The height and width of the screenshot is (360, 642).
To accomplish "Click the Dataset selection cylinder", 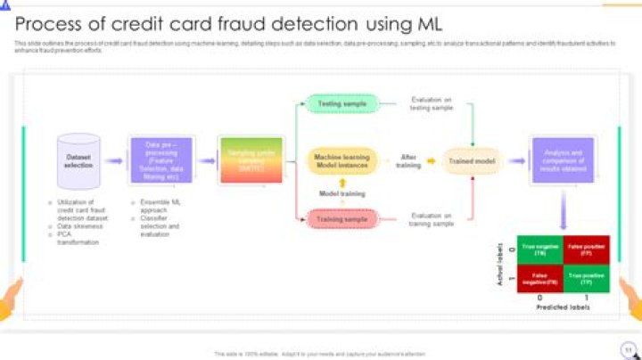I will [x=78, y=161].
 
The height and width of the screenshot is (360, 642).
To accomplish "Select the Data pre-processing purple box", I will [x=161, y=161].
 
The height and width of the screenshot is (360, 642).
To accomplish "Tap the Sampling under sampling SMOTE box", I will [x=251, y=161].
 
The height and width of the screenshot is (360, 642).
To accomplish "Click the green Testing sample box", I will [x=342, y=104].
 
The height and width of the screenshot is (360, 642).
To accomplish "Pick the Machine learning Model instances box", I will [x=342, y=161].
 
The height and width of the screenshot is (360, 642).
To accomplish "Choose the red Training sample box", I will [x=342, y=218].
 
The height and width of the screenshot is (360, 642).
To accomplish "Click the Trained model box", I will [x=473, y=161].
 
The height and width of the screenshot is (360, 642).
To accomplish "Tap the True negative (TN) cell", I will [x=539, y=250].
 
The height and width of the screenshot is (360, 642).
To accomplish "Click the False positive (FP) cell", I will [x=587, y=250].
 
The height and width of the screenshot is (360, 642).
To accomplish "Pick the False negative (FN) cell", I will [x=539, y=278].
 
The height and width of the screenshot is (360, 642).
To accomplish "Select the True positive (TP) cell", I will [x=587, y=278].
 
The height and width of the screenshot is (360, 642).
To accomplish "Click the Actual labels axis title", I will [x=500, y=264].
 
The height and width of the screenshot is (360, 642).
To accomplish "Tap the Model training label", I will [x=342, y=192].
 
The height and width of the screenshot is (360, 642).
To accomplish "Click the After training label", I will [x=409, y=161].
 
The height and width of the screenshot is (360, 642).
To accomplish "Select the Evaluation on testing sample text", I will [x=431, y=104].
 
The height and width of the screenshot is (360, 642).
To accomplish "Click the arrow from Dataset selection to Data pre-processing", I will [x=113, y=161].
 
